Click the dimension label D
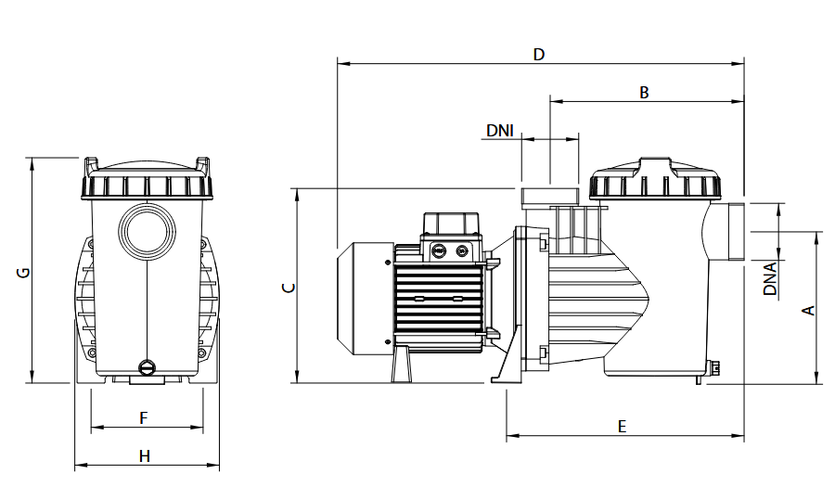[539, 54]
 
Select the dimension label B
[644, 92]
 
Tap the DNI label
[500, 131]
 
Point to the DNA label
[770, 278]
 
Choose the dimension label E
[623, 426]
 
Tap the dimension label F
[144, 418]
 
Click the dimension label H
[144, 455]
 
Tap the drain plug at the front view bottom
[146, 367]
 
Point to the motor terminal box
[451, 224]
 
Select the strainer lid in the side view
[655, 180]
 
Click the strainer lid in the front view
[146, 177]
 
